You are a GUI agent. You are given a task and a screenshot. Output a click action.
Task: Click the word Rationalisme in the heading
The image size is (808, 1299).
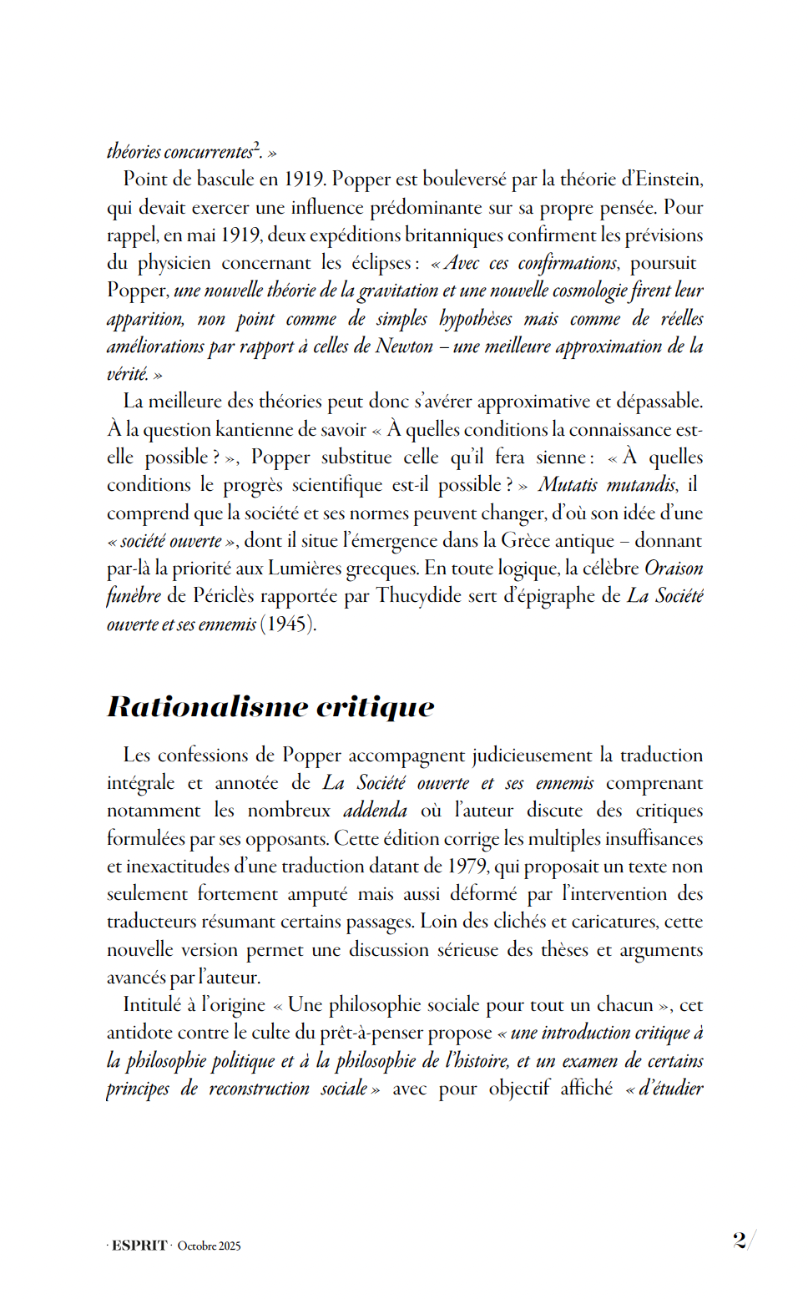coord(207,706)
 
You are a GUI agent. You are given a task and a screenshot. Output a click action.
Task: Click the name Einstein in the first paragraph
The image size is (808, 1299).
coord(669,179)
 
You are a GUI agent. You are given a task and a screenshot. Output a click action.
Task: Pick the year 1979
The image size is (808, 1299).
coord(467,867)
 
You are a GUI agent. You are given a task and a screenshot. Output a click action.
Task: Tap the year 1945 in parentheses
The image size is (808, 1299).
coord(288,624)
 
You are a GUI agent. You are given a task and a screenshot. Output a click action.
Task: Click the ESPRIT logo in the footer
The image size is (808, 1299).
coord(139,1246)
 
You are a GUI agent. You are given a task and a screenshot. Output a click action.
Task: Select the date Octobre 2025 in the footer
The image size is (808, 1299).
coord(209,1246)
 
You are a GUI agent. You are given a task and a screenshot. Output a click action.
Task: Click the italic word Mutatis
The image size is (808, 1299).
coord(568,485)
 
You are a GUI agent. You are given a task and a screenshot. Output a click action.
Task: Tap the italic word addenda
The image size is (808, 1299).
coord(375,811)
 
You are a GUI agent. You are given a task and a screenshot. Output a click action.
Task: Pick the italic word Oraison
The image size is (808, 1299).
coord(674,569)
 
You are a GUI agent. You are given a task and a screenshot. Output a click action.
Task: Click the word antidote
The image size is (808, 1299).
coord(137,1033)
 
